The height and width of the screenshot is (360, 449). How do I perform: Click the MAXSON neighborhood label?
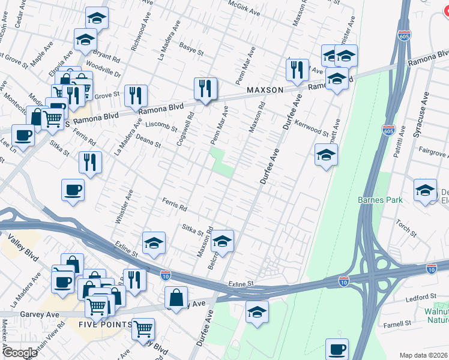point(265,90)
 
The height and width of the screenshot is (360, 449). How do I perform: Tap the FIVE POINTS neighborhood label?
point(104,325)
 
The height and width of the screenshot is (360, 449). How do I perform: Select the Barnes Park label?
point(379,200)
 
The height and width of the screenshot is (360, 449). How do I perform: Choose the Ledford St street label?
point(420,297)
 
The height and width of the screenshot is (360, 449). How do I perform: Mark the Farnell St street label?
point(415,323)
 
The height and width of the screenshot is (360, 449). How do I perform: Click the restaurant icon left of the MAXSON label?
point(205,88)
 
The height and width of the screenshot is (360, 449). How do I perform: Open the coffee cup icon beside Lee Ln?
point(23,135)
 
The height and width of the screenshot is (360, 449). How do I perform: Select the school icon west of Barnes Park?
point(326,155)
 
